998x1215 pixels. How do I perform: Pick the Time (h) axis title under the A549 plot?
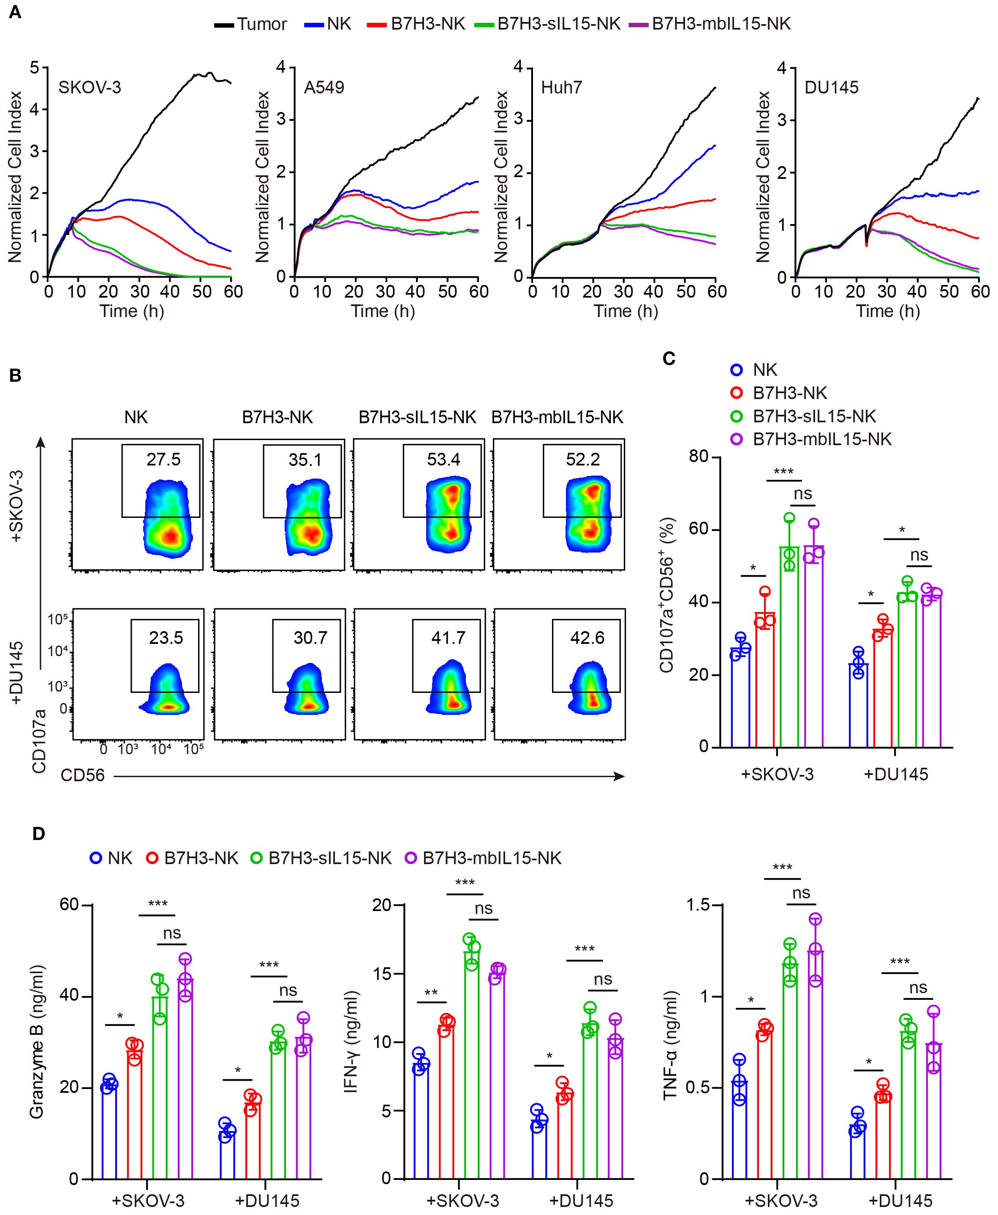(383, 311)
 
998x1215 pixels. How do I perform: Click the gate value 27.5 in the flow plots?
(163, 459)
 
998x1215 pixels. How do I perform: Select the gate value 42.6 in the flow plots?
(587, 638)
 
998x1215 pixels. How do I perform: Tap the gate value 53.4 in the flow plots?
(443, 459)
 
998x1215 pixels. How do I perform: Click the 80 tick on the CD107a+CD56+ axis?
(700, 457)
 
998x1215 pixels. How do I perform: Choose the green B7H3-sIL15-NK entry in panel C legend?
(814, 416)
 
